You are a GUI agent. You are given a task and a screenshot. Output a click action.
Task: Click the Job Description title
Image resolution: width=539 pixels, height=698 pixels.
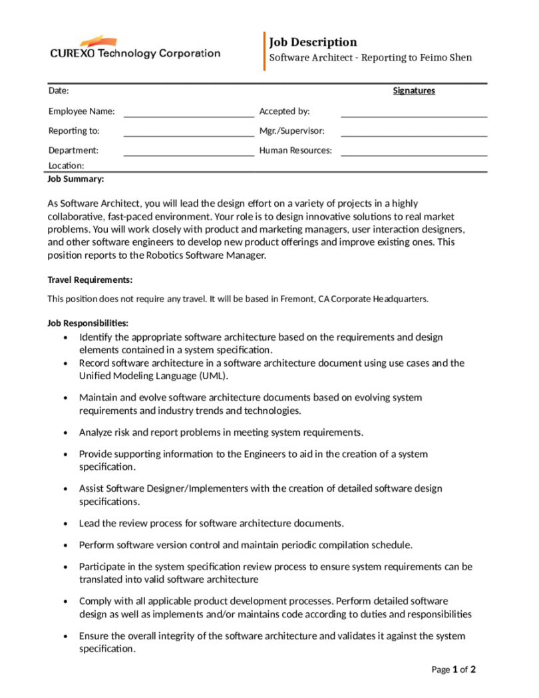coord(313,43)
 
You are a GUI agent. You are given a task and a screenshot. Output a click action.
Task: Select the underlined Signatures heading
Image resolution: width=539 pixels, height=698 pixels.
coord(414,91)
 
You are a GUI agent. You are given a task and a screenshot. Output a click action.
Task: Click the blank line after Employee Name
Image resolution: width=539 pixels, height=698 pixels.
coord(189,116)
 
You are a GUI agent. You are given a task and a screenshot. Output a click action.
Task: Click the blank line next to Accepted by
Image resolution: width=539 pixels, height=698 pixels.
coord(414,116)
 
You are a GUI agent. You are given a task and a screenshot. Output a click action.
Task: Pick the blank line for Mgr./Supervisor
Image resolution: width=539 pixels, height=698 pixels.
coord(414,135)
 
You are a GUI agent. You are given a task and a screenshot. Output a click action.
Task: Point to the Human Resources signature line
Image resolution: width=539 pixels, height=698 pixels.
coord(414,155)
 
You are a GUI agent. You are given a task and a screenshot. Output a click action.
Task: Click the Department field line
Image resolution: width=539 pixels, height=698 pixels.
coord(189,155)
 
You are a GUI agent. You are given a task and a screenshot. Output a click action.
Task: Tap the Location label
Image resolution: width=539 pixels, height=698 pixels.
coord(66,166)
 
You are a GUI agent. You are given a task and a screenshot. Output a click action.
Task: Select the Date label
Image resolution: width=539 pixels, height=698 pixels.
coord(59,91)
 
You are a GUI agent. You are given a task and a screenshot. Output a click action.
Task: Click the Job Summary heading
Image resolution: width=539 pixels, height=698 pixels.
coord(76,180)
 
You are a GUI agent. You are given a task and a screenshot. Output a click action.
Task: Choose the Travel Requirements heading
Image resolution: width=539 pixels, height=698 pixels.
coord(90,280)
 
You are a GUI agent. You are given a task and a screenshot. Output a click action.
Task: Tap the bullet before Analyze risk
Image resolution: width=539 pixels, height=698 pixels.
coord(65,433)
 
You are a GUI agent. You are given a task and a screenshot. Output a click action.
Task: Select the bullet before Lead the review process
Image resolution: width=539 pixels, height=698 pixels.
coord(65,524)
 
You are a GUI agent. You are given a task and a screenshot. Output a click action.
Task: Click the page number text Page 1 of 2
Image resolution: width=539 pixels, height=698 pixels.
coord(454,670)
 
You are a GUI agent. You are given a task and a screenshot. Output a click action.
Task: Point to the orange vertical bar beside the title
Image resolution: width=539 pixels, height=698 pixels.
coord(264,51)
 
